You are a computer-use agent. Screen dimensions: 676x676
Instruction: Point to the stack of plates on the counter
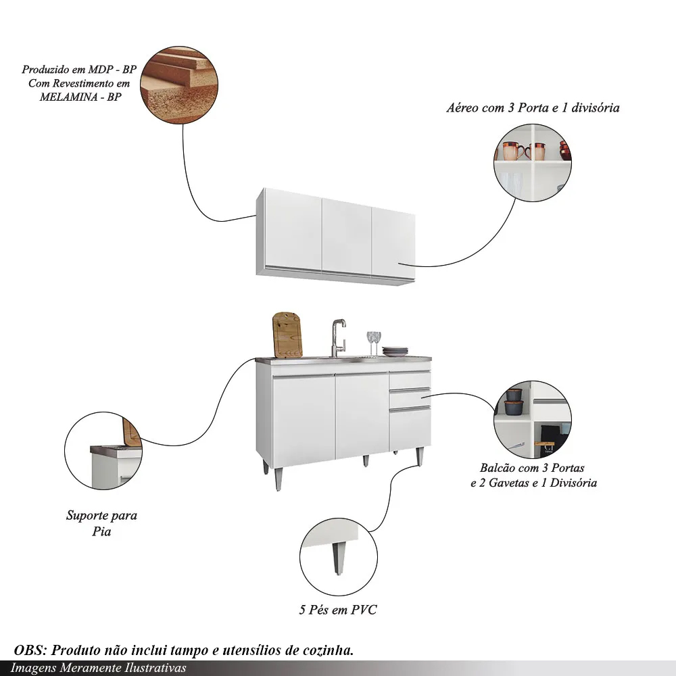(395, 352)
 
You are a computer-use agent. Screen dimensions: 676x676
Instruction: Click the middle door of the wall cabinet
(347, 237)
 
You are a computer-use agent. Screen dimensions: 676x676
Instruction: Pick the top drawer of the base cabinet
(410, 380)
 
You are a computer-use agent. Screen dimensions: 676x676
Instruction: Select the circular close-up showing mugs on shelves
(533, 162)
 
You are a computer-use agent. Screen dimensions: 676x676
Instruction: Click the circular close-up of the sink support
(103, 450)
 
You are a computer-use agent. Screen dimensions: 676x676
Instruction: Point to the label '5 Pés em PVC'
(338, 610)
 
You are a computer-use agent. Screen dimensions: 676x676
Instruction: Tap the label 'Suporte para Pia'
(101, 523)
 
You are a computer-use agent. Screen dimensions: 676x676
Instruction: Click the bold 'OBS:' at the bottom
(30, 650)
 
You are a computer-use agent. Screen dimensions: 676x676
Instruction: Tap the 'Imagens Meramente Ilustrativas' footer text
(98, 668)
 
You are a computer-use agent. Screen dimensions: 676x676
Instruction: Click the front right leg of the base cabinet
(419, 457)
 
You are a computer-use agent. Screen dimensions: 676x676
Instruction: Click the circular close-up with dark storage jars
(533, 420)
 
